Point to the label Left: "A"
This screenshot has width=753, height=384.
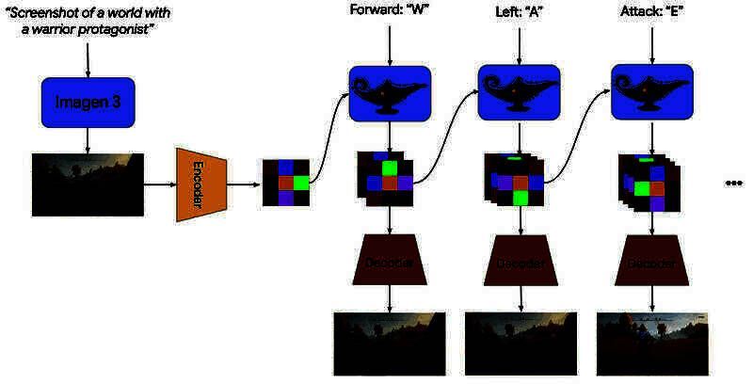click(x=518, y=11)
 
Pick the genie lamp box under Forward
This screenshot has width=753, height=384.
click(x=390, y=93)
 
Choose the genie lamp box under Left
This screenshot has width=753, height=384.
click(x=519, y=93)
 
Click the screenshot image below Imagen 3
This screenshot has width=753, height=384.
click(x=88, y=185)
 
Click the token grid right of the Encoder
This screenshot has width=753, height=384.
click(x=285, y=184)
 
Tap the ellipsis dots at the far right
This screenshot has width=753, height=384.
click(x=733, y=184)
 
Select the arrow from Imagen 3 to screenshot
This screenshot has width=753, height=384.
click(x=88, y=139)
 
